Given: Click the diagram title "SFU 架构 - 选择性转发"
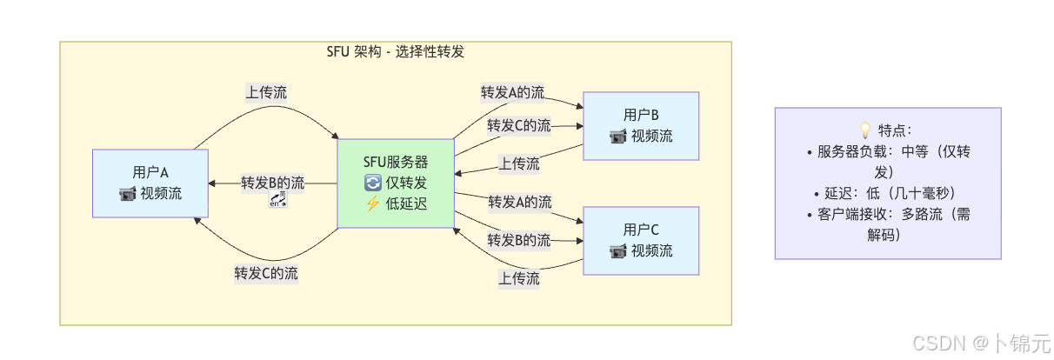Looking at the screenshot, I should coord(396,51).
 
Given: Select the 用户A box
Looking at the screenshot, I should coord(150,183).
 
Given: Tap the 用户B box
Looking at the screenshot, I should coord(641,125).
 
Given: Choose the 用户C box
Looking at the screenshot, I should coord(641,240).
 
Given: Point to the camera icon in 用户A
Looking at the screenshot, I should coord(128,193).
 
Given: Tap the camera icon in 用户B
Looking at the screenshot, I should coord(618,136).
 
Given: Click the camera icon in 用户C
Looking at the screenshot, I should coord(618,250).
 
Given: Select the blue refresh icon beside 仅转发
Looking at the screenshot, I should coord(373,183).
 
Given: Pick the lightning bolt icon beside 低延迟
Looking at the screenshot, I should coord(373,203).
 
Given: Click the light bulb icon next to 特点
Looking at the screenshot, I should coord(865,130).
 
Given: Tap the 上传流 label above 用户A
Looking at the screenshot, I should coord(266,91).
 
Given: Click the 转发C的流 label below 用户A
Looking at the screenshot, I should coord(266,273).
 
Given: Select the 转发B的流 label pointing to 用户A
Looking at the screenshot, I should coord(273,183).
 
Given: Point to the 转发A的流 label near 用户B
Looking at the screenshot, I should coord(513,92).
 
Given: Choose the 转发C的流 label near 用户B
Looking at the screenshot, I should coord(519,125).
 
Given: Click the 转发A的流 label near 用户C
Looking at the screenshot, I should coord(519,202).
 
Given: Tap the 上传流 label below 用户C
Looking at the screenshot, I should coord(519,278).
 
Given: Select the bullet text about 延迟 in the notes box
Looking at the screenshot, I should coord(888,193).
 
